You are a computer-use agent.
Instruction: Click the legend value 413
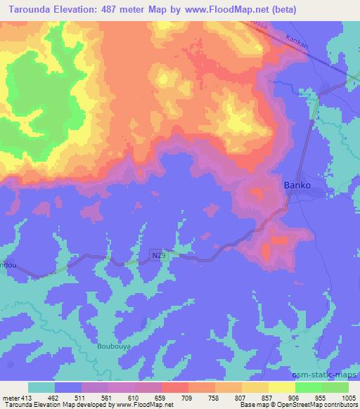point(26,397)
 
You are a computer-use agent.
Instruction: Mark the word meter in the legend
point(9,397)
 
